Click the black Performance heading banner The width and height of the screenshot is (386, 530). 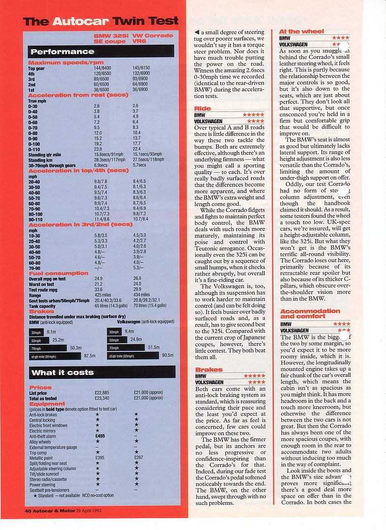point(101,52)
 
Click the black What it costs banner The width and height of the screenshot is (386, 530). point(101,372)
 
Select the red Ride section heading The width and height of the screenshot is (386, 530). point(202,108)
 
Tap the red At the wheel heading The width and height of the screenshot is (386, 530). point(301,31)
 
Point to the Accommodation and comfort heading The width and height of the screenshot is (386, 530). point(310,314)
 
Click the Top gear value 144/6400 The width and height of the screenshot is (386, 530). point(103,68)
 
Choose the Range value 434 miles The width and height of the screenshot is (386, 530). point(142,295)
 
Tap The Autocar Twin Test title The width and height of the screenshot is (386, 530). point(101,22)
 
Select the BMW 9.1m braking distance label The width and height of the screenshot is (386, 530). point(51,332)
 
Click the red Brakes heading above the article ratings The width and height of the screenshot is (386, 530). point(209,370)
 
